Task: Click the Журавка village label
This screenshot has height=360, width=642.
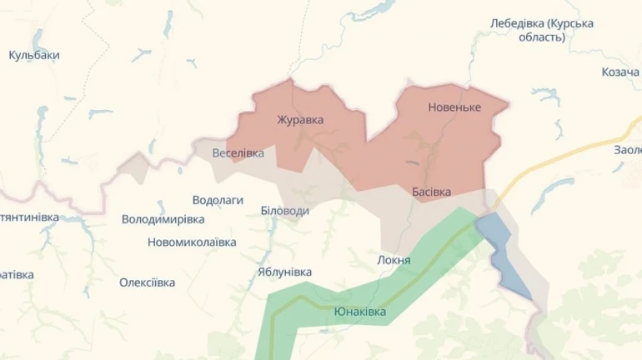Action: [300, 120]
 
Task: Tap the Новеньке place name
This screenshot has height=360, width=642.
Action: [454, 107]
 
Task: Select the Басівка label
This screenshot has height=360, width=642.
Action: [431, 192]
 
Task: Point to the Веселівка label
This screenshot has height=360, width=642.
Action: [238, 153]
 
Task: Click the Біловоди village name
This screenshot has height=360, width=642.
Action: [284, 211]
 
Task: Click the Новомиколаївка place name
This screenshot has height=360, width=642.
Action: [192, 242]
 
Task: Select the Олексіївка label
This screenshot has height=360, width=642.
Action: [147, 282]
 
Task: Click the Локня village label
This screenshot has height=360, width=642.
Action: [394, 260]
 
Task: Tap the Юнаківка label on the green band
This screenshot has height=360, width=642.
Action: [359, 312]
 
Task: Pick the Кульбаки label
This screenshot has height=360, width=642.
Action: [33, 55]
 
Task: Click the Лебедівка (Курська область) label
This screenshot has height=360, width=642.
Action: [542, 30]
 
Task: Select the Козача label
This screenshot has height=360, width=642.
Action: [619, 72]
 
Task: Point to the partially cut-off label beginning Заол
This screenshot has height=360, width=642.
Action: [627, 150]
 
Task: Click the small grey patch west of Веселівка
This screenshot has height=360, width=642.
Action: [133, 166]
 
